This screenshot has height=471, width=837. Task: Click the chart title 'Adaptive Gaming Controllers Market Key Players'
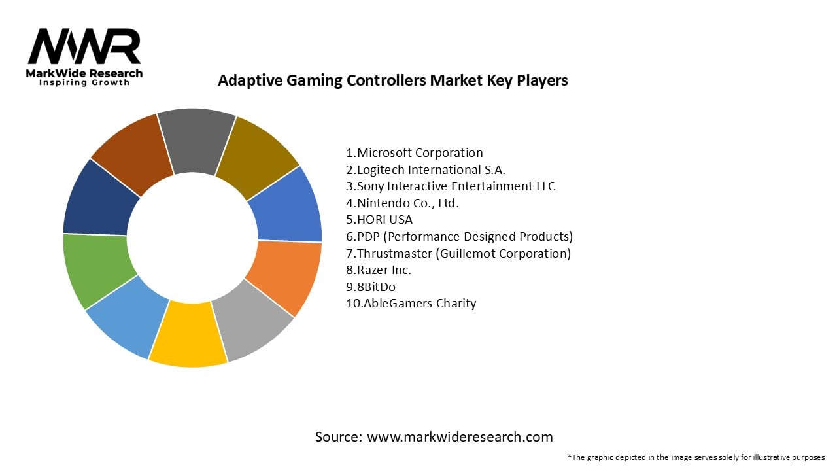coord(392,80)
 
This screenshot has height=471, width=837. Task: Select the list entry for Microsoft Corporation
coord(415,153)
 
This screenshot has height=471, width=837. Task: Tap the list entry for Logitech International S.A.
coord(426,169)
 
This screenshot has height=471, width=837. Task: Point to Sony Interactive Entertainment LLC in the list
coord(451,186)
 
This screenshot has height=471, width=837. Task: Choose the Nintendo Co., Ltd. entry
coord(403,203)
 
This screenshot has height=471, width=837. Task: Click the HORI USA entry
coord(379,220)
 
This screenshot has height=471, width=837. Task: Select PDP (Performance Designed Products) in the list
coord(459,236)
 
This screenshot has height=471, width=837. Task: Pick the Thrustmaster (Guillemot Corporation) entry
coord(458,253)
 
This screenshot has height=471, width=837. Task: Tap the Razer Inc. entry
coord(379,270)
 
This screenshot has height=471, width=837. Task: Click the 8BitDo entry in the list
coord(371,287)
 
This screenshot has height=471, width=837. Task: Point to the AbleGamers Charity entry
coord(411,304)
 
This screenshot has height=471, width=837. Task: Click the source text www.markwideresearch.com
coord(434,437)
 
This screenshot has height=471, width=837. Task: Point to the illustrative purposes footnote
coord(696,457)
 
